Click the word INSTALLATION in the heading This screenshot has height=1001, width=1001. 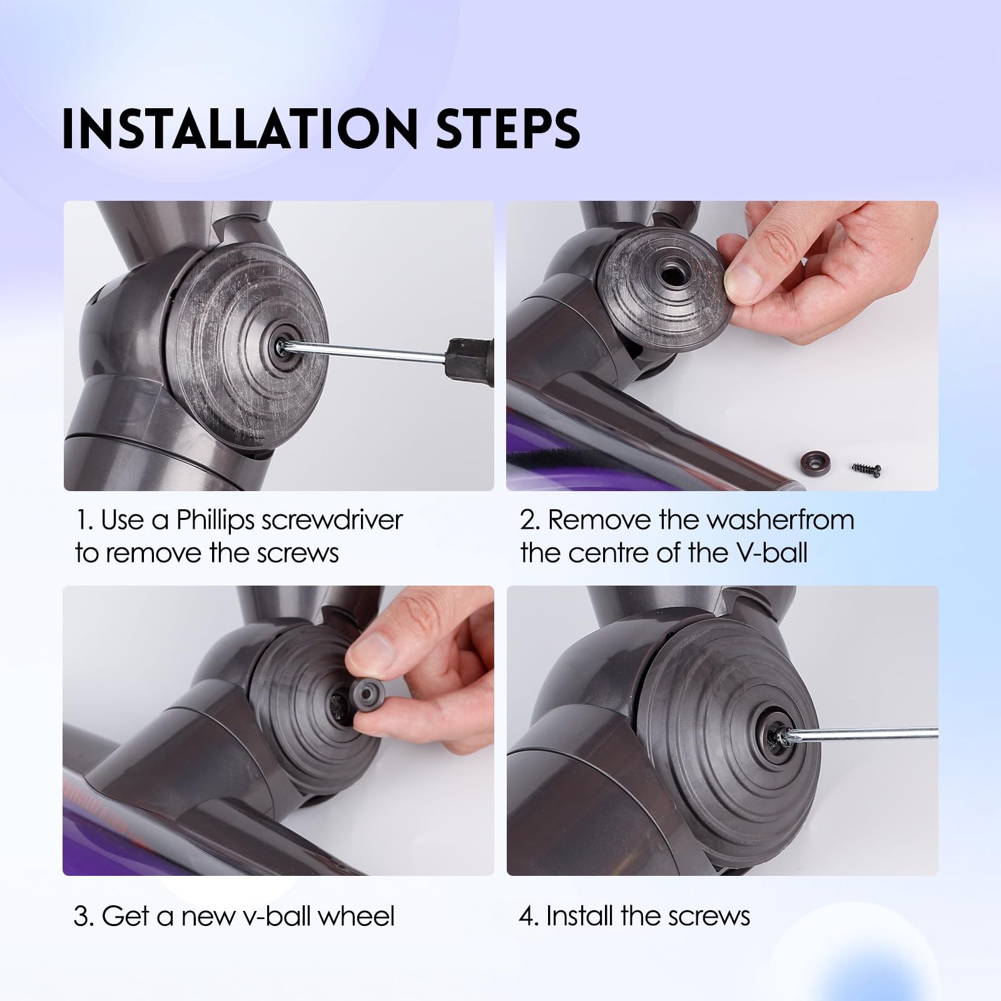click(x=238, y=129)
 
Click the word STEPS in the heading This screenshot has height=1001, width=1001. click(x=507, y=129)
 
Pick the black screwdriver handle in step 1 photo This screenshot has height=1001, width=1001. click(x=470, y=361)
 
